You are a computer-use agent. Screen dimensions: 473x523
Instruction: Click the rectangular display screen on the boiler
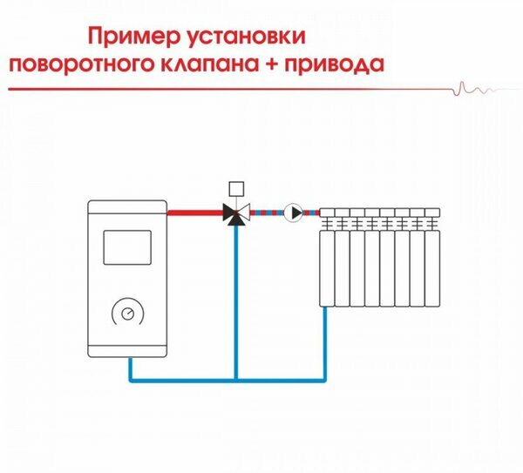(x=127, y=247)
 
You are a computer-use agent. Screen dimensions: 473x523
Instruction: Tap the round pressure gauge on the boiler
(x=127, y=312)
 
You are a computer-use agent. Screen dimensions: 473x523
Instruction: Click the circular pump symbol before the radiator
(x=295, y=212)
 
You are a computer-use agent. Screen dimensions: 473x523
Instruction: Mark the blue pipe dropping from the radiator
(x=324, y=344)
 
